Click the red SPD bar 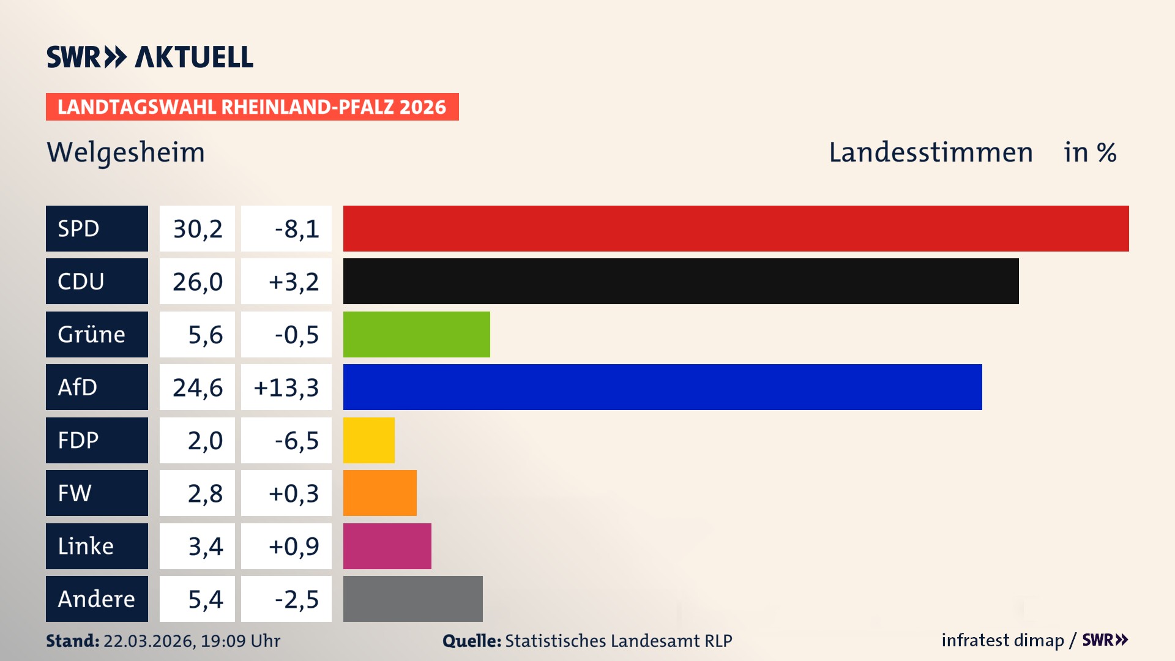(x=736, y=228)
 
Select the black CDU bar (x=681, y=282)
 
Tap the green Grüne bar (x=416, y=334)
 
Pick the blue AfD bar (x=662, y=387)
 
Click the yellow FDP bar (x=368, y=440)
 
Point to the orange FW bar (x=379, y=493)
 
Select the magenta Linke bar (x=387, y=546)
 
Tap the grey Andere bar (x=412, y=599)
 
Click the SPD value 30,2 (x=197, y=229)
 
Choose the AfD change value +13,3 (x=286, y=387)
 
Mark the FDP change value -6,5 (x=296, y=441)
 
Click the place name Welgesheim (x=125, y=152)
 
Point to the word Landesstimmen (x=930, y=152)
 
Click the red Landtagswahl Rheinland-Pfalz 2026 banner (x=252, y=107)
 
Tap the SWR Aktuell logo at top (x=150, y=57)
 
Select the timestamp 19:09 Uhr (x=240, y=641)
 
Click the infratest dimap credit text (x=1002, y=640)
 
